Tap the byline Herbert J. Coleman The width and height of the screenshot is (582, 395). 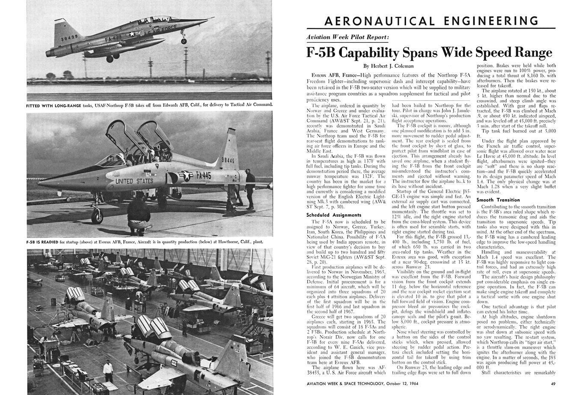388,66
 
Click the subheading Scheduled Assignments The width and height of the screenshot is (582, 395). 334,215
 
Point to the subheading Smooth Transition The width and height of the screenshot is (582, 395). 498,200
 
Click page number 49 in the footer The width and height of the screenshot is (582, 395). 553,384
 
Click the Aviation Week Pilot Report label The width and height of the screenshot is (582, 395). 348,37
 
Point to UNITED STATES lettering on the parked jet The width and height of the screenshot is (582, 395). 134,181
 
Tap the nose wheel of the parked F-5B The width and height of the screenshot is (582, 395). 98,217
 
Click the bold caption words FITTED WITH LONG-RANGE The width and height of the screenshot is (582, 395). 53,105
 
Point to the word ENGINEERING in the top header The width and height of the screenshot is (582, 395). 486,21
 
